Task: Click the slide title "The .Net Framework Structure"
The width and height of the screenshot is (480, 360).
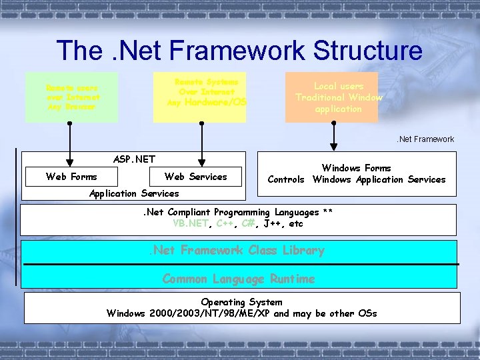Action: [x=239, y=51]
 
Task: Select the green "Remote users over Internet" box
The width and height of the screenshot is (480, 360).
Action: [x=71, y=97]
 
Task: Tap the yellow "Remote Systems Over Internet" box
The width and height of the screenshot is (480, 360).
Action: [x=199, y=97]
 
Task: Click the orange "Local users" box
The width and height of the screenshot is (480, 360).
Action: [x=332, y=97]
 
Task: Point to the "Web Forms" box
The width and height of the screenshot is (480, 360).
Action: [x=71, y=177]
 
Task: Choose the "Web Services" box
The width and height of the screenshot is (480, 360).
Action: [x=195, y=177]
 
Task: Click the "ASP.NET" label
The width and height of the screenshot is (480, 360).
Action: [x=134, y=159]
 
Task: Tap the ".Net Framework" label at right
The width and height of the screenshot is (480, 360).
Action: [x=425, y=139]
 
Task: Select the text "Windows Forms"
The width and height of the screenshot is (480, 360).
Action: [x=356, y=168]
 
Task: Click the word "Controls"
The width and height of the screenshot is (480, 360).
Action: [x=286, y=179]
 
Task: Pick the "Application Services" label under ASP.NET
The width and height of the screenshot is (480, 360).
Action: [x=134, y=193]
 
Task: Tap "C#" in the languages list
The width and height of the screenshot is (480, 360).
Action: [x=248, y=223]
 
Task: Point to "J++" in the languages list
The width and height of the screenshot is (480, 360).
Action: [x=274, y=223]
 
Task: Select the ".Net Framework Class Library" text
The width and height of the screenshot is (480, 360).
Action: [x=236, y=251]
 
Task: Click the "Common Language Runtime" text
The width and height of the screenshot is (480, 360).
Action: [x=239, y=279]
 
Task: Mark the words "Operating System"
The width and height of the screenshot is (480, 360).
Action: [x=241, y=302]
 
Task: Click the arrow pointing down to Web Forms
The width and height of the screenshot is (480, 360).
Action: [x=69, y=143]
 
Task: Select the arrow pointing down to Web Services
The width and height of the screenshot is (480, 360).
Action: [x=198, y=143]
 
